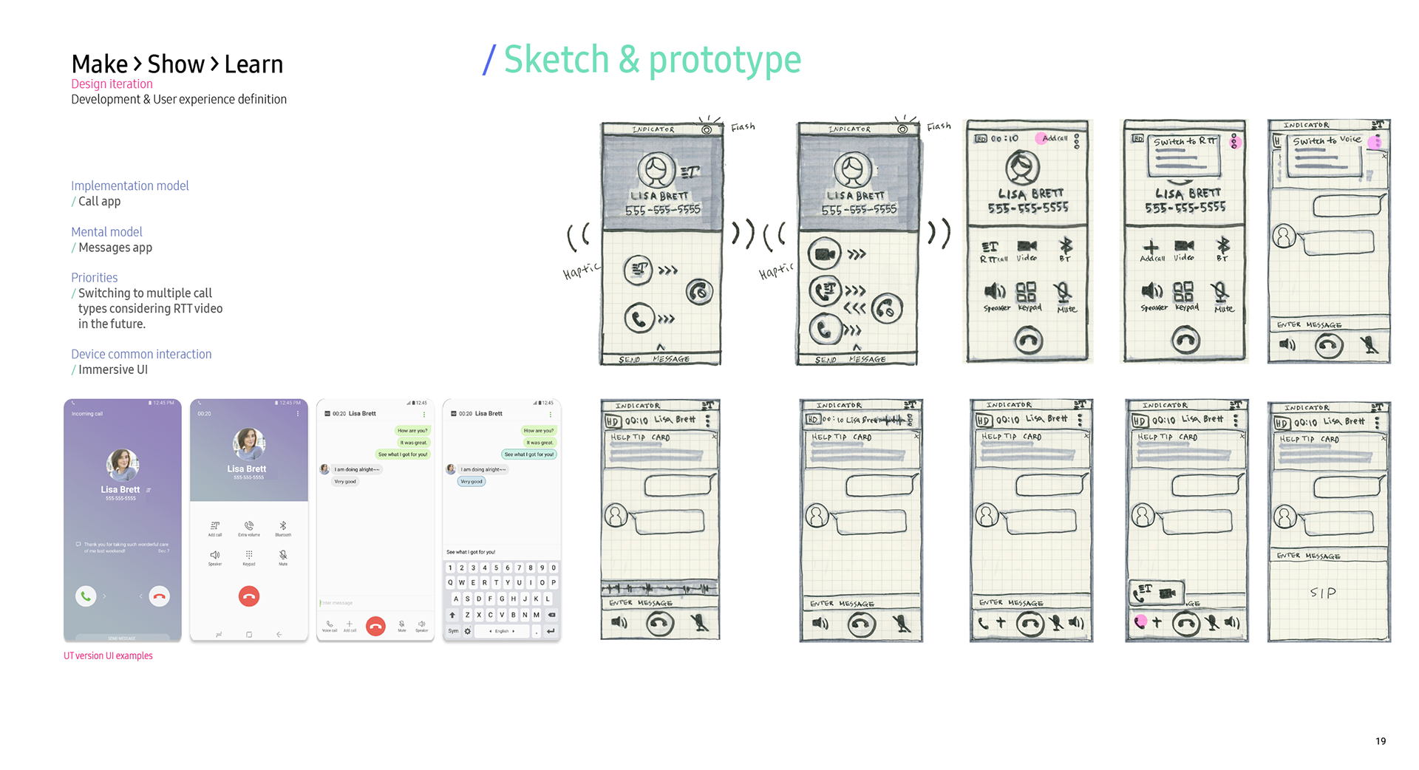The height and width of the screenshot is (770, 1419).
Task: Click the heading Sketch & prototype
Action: (652, 60)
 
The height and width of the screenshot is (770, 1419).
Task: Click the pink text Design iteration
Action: (112, 84)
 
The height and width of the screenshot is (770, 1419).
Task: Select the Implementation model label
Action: (130, 185)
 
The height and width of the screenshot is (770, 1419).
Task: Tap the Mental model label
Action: (106, 232)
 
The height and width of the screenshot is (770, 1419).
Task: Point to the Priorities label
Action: (94, 278)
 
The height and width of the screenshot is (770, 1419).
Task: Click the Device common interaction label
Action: (141, 354)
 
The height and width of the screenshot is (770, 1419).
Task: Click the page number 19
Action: (1380, 741)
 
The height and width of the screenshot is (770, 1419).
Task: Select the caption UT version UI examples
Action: (108, 656)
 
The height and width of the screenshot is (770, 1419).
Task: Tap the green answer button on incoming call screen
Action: (86, 596)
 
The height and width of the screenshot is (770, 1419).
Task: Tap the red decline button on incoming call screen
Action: (159, 596)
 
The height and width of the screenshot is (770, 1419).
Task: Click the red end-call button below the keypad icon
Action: (249, 596)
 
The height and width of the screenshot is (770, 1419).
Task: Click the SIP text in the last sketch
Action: (1322, 593)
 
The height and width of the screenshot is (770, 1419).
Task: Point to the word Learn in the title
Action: (253, 65)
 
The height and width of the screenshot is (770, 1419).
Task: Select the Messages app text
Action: (115, 248)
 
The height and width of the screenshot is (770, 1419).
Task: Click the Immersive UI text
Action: (113, 369)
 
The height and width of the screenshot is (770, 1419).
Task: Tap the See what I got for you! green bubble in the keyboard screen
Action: (529, 454)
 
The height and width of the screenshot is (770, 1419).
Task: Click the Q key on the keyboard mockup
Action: (450, 582)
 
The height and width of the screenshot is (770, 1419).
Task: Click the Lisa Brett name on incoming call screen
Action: (120, 489)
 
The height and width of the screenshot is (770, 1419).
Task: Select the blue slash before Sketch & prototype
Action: (489, 60)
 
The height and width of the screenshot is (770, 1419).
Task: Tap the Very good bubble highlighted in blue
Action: (471, 481)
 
